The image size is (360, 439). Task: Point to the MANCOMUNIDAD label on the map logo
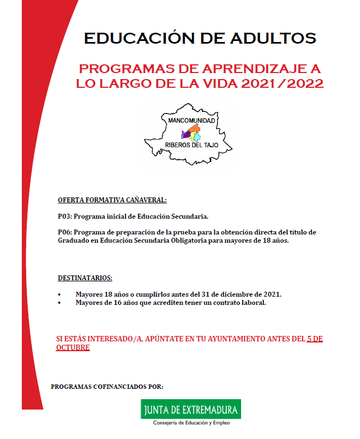[191, 119]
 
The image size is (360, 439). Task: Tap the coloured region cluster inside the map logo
[191, 133]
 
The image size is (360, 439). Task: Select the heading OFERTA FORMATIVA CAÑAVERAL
[112, 200]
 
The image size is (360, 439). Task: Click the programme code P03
[64, 215]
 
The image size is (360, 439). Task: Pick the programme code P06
[64, 232]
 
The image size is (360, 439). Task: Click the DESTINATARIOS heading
[85, 278]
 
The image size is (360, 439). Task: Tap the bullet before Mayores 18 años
[59, 294]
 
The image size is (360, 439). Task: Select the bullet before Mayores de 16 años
[59, 303]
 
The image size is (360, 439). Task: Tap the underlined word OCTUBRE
[73, 347]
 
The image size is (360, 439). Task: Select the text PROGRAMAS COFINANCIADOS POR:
[107, 387]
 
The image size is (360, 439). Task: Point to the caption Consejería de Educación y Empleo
[190, 423]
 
